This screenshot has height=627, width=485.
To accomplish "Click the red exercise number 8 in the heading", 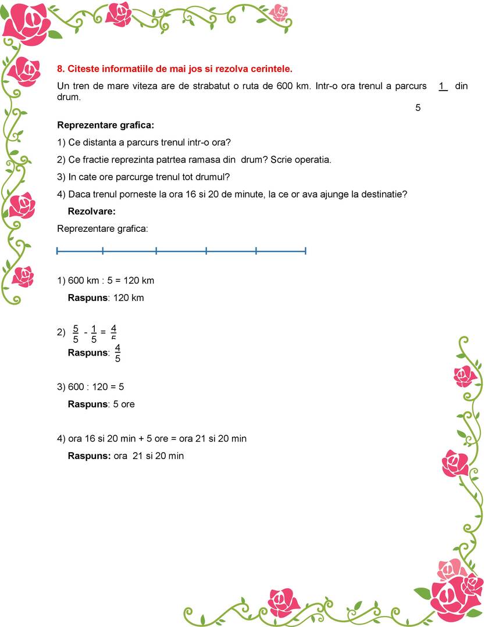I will [x=60, y=69].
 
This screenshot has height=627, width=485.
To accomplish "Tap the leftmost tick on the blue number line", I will [x=58, y=251].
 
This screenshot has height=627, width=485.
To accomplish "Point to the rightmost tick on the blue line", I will [x=305, y=251].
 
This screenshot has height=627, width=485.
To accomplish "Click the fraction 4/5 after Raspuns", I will [x=117, y=353].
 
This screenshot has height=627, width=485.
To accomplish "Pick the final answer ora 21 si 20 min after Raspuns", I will [x=149, y=456].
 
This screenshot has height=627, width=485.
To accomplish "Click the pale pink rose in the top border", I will [x=279, y=12].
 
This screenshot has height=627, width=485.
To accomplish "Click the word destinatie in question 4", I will [x=386, y=194].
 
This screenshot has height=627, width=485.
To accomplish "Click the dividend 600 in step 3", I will [x=76, y=386].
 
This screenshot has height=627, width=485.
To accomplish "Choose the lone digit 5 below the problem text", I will [x=418, y=108].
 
